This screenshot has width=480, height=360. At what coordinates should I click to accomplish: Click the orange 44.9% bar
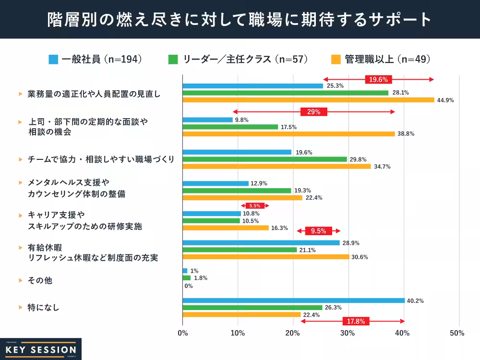coord(308,100)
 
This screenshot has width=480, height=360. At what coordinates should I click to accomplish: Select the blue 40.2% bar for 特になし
coord(294,300)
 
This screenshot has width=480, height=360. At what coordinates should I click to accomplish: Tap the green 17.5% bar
coord(230,127)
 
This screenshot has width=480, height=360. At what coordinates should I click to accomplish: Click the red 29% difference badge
coord(313,112)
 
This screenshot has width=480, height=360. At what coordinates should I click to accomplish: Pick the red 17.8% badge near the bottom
coord(356,321)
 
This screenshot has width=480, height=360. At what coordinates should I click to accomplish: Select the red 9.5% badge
coord(318,231)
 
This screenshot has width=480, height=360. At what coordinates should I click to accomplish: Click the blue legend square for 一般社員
coord(53,60)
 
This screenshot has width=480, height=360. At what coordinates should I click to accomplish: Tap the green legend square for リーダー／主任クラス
coord(173,60)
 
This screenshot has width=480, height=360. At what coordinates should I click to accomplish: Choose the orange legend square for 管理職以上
coord(336,60)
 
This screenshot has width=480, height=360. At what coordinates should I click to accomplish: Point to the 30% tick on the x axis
coord(348,333)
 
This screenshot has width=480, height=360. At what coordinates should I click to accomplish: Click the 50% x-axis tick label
coord(458,333)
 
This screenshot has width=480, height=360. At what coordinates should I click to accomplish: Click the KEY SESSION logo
coord(40,349)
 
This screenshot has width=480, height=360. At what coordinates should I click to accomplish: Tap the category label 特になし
coord(43,307)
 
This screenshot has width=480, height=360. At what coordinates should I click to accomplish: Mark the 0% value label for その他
coord(188,286)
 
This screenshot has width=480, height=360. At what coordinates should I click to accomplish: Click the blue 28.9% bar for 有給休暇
coord(261,243)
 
